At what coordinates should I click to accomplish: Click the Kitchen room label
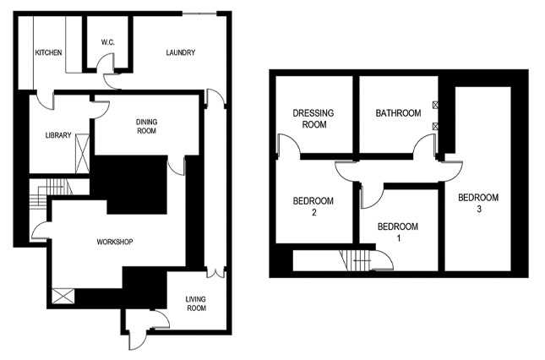click(48, 53)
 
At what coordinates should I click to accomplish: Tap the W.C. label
click(107, 41)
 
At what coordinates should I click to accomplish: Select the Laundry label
click(181, 53)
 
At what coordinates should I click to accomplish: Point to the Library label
click(58, 135)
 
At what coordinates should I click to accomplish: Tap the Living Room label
click(196, 303)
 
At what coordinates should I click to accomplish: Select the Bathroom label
click(398, 112)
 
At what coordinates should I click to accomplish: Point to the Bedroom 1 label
click(397, 232)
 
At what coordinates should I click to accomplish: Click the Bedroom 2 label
click(313, 206)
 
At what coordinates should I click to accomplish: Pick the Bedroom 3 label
click(478, 203)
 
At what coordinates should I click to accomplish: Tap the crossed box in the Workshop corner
click(63, 297)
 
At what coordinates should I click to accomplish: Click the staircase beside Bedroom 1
click(355, 262)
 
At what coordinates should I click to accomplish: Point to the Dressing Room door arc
click(291, 145)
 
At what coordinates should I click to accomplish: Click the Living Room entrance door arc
click(155, 319)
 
